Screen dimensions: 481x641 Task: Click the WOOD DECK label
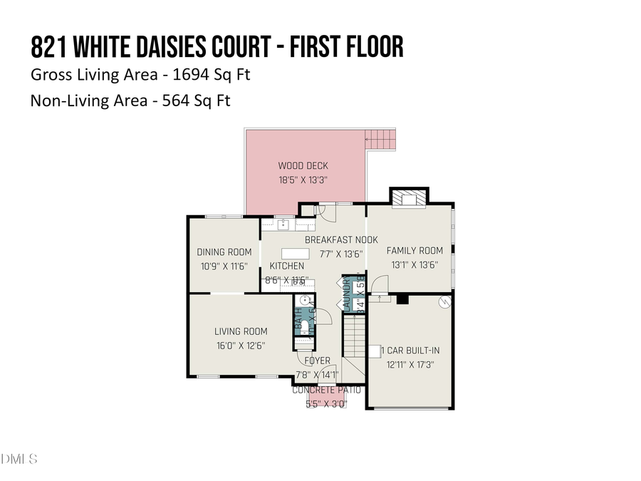[x=303, y=166]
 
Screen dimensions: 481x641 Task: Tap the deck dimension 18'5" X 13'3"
[x=303, y=180]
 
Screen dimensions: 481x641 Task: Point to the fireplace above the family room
[x=410, y=198]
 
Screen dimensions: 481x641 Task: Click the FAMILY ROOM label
[x=415, y=251]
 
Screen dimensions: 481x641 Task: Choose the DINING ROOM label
[x=224, y=252]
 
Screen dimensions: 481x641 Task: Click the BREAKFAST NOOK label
[x=341, y=240]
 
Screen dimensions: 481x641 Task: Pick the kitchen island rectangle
[x=296, y=253]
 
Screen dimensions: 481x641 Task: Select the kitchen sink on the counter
[x=283, y=225]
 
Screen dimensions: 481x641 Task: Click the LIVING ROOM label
[x=241, y=331]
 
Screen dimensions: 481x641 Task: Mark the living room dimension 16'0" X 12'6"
[x=241, y=346]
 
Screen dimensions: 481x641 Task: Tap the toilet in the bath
[x=305, y=326]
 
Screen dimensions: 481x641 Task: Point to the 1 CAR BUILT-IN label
[x=411, y=351]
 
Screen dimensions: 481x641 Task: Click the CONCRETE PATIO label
[x=327, y=391]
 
